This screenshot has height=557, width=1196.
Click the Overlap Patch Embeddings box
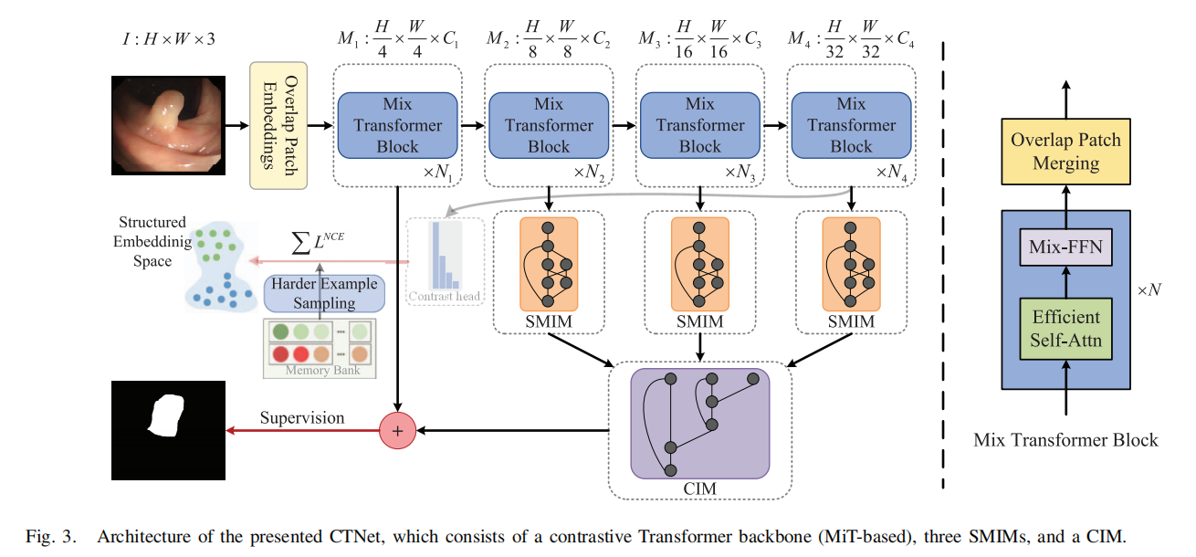278,126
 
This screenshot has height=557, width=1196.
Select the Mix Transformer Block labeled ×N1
397,125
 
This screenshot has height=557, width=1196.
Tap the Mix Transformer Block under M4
851,125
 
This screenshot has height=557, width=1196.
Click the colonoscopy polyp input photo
167,125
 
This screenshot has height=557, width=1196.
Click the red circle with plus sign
397,429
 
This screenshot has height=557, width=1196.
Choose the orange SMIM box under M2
549,262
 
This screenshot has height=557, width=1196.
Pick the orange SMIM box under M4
851,262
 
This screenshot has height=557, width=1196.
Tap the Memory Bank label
323,371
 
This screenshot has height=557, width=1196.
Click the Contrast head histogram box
446,260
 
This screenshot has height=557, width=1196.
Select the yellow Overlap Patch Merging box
1065,152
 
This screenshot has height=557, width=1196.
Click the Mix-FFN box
1066,247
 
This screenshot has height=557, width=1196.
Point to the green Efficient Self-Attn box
1066,329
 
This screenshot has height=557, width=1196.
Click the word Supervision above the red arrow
302,418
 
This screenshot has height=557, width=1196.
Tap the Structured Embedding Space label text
151,241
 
